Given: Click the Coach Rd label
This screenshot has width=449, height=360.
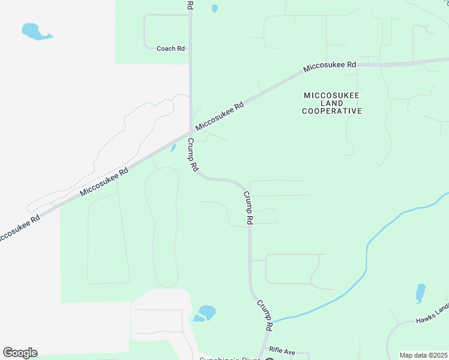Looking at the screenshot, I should pyautogui.click(x=170, y=49).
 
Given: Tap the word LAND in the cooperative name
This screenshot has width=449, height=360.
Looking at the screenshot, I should pyautogui.click(x=332, y=103).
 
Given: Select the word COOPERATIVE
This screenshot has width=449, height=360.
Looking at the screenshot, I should pyautogui.click(x=332, y=111).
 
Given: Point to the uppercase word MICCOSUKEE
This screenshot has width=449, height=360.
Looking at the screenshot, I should pyautogui.click(x=332, y=95).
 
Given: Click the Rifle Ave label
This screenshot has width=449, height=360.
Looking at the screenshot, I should pyautogui.click(x=282, y=350).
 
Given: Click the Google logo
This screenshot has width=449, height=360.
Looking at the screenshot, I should pyautogui.click(x=20, y=353).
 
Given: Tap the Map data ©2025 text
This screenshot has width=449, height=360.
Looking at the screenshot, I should pyautogui.click(x=424, y=355).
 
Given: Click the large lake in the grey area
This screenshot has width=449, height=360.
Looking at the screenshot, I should pyautogui.click(x=34, y=31).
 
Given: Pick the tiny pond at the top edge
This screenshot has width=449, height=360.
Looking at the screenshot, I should pyautogui.click(x=215, y=8).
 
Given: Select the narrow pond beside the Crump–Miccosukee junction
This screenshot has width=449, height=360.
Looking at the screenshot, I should pyautogui.click(x=173, y=147).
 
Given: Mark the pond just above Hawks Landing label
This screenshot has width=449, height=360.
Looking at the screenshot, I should pyautogui.click(x=420, y=293).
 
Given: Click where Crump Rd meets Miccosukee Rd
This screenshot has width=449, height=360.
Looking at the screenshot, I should pyautogui.click(x=191, y=131).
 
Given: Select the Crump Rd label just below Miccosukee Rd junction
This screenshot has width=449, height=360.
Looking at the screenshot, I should pyautogui.click(x=192, y=155).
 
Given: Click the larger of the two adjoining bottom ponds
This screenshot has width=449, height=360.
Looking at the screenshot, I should pyautogui.click(x=207, y=312).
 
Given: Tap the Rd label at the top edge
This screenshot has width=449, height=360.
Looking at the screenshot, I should pyautogui.click(x=190, y=4).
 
